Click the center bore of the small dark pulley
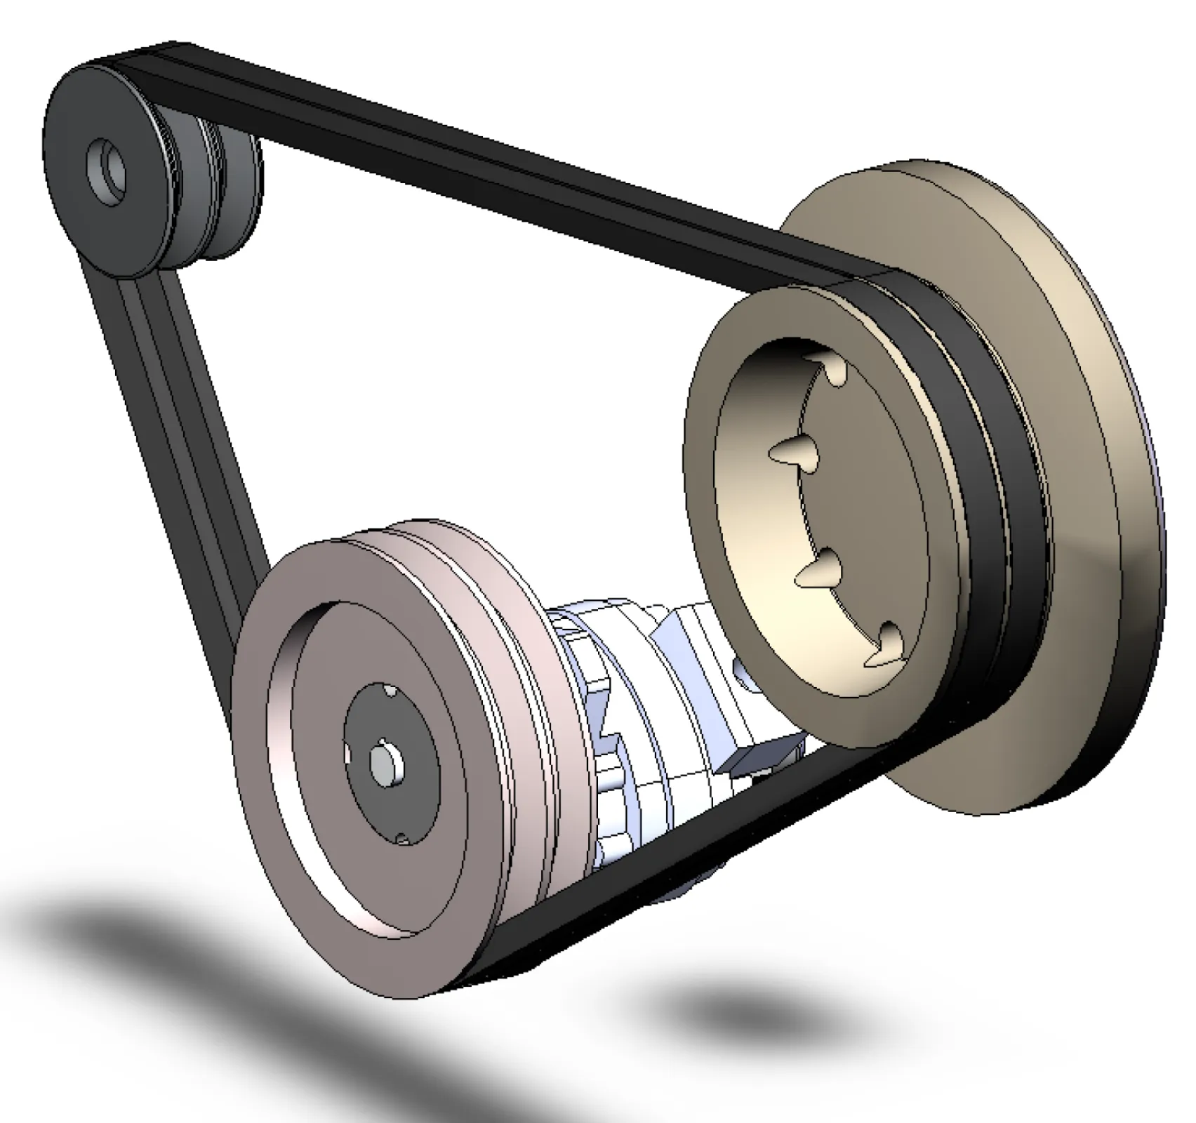coord(109,170)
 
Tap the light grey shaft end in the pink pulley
coord(386,765)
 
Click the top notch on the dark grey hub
coord(390,691)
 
